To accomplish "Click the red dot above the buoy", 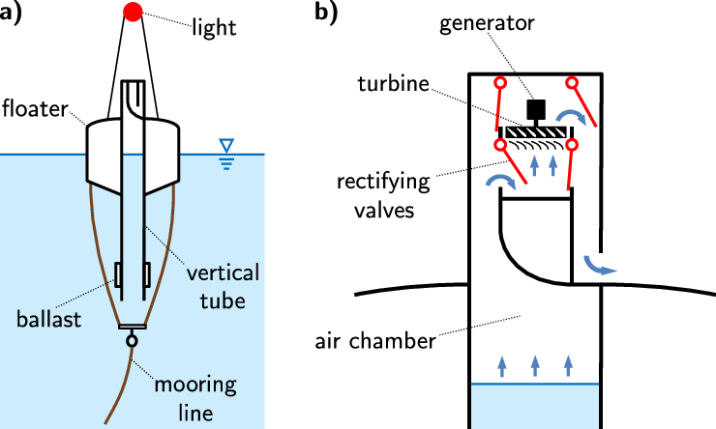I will pyautogui.click(x=134, y=12).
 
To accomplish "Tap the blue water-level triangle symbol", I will pyautogui.click(x=226, y=146).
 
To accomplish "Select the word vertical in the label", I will pyautogui.click(x=223, y=273).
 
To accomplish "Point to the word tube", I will pyautogui.click(x=223, y=300).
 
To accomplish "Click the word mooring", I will pyautogui.click(x=195, y=386).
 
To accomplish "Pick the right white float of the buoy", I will pyautogui.click(x=162, y=157).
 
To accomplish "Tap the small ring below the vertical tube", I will pyautogui.click(x=132, y=340).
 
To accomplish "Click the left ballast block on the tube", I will pyautogui.click(x=118, y=274).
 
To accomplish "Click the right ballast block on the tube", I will pyautogui.click(x=147, y=274).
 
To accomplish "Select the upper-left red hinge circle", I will pyautogui.click(x=500, y=83).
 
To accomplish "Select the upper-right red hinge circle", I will pyautogui.click(x=572, y=83).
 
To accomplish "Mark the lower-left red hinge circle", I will pyautogui.click(x=500, y=145).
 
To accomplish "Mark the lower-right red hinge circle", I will pyautogui.click(x=572, y=145).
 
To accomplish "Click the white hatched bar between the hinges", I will pyautogui.click(x=536, y=132).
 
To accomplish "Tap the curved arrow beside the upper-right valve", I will pyautogui.click(x=571, y=117).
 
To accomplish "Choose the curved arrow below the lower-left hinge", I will pyautogui.click(x=500, y=182).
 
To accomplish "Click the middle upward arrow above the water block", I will pyautogui.click(x=535, y=365).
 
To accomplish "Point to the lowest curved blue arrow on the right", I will pyautogui.click(x=599, y=266).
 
